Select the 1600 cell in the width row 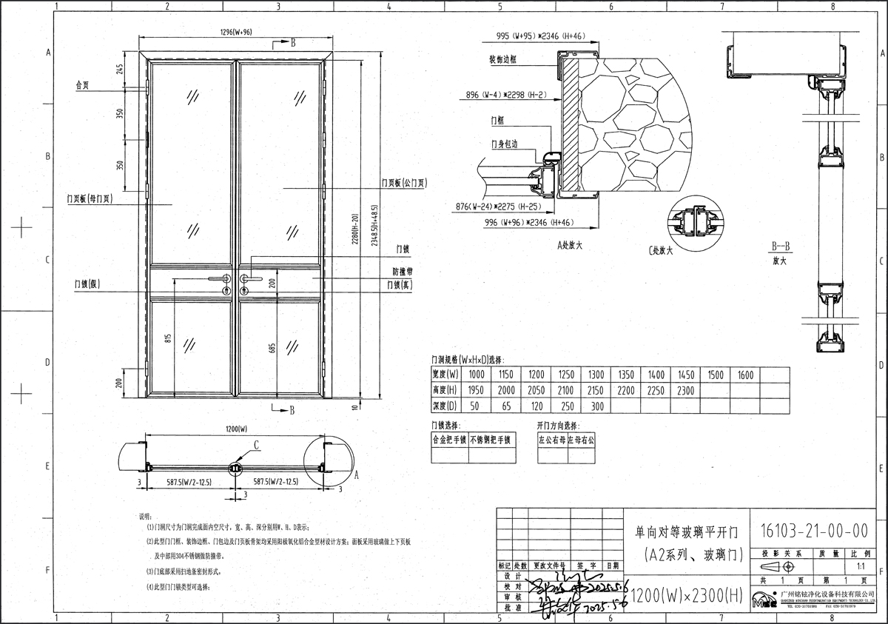(744, 375)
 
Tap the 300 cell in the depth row (596, 406)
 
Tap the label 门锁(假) (87, 283)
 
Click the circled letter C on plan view (256, 445)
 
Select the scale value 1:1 (860, 566)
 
